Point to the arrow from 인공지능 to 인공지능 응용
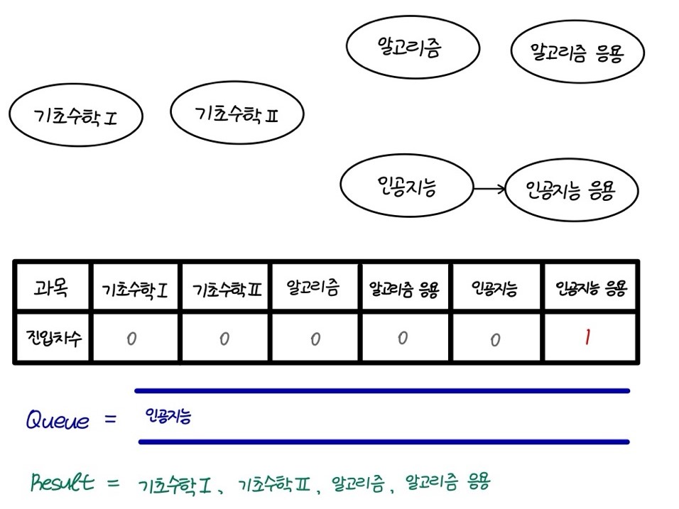coord(490,189)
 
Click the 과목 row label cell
coord(52,287)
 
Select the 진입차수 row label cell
coord(52,337)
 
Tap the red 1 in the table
coord(587,336)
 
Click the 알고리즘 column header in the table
coord(313,287)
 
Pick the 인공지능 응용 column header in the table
coord(591,287)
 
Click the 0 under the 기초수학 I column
coord(131,339)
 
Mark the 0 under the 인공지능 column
coord(495,340)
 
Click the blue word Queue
coord(58,419)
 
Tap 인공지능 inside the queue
coord(168,416)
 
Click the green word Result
coord(63,481)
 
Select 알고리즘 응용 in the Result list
coord(447,481)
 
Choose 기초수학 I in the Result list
coord(175,485)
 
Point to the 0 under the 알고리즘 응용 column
coord(403,338)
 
